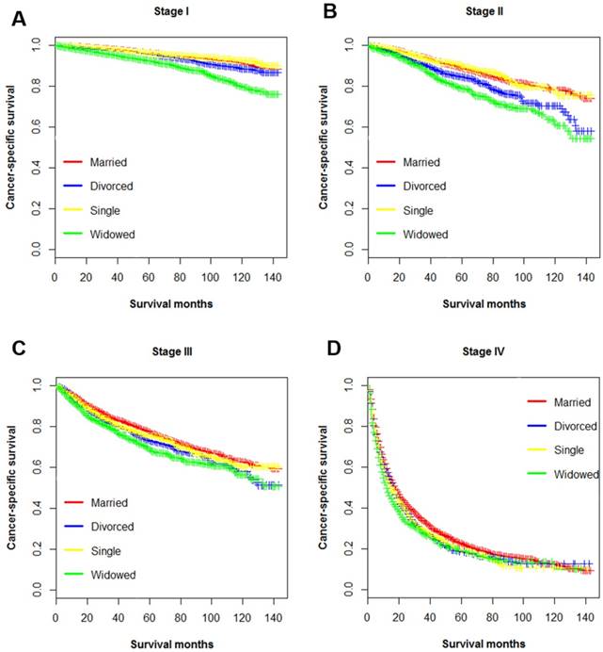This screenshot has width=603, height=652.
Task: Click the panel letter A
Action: pos(18,20)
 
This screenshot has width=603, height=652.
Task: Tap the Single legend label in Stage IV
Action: pos(555,450)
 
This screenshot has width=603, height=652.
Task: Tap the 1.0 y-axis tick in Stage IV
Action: pos(347,386)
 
